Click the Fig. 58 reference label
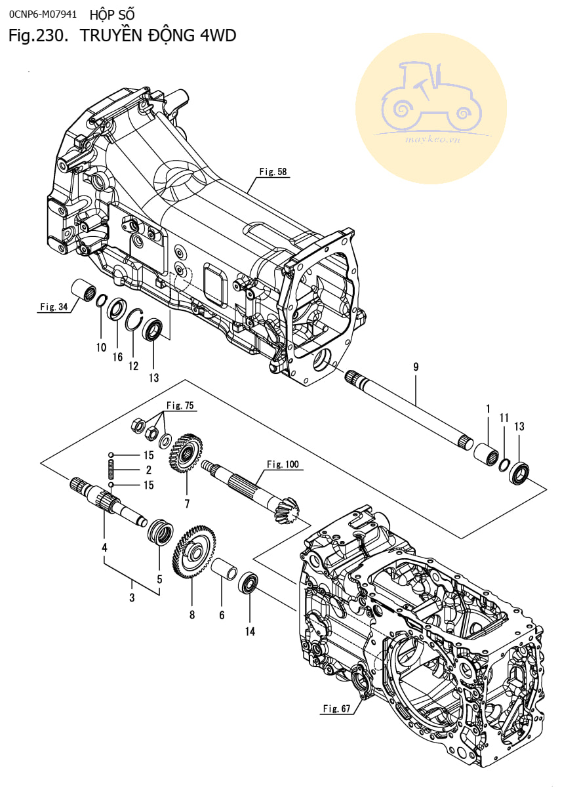point(273,172)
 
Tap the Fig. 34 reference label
point(54,306)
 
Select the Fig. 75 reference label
point(180,405)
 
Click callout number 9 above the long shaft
point(415,367)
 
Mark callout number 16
point(117,357)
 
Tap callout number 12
point(134,366)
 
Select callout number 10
point(101,348)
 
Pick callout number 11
point(504,418)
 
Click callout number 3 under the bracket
point(132,598)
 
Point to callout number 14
point(250,631)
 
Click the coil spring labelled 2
point(111,470)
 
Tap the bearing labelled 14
point(249,583)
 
